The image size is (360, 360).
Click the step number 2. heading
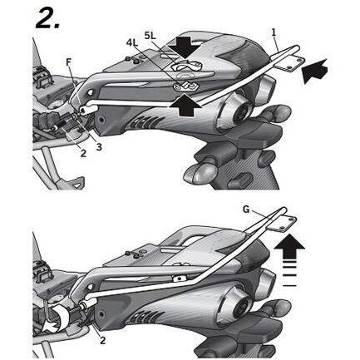click(47, 17)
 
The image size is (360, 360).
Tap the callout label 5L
click(151, 35)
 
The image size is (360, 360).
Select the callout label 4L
click(133, 43)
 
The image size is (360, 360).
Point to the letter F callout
click(69, 62)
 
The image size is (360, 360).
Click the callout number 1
click(274, 32)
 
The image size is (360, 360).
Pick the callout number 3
click(98, 147)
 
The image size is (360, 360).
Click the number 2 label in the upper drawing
click(83, 153)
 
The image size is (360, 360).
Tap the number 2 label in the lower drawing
click(102, 340)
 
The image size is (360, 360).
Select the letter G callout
click(246, 210)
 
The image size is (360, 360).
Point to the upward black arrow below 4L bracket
click(186, 106)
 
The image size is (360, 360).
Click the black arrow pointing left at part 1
click(314, 71)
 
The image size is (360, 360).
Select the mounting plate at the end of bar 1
click(290, 63)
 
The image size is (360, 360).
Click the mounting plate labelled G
click(282, 223)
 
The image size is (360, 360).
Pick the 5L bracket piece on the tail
click(186, 66)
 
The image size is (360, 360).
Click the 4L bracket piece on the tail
click(185, 86)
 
